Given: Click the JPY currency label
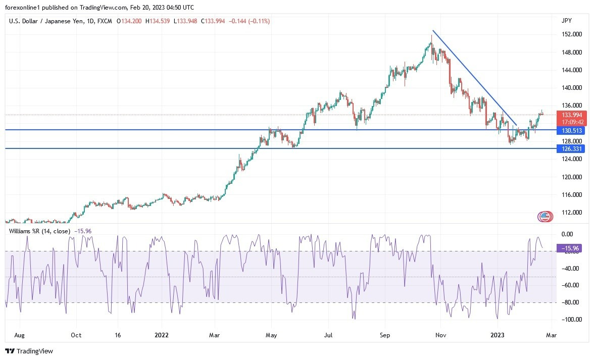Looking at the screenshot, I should click(566, 21).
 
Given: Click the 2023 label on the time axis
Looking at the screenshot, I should click(498, 335).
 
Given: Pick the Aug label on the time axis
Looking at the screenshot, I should click(20, 335).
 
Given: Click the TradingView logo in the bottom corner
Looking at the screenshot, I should click(29, 351).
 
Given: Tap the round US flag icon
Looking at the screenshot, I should click(544, 217).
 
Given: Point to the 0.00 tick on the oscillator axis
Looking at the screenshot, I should click(567, 234).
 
